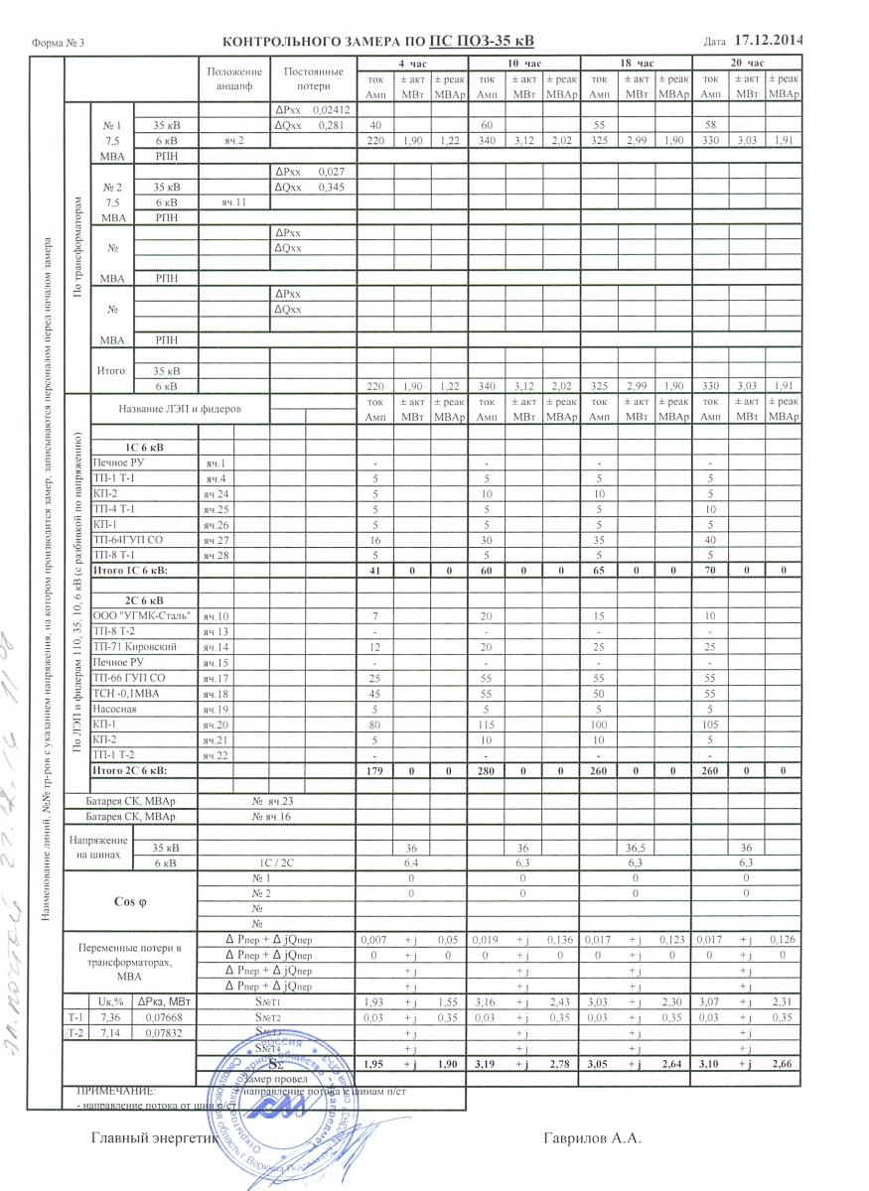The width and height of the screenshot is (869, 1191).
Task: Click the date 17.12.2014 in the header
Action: [x=769, y=41]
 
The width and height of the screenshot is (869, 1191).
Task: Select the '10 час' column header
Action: [x=522, y=63]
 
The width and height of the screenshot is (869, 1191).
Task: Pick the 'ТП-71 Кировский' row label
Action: [x=137, y=646]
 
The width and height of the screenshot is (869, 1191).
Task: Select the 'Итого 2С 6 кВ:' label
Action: [x=129, y=770]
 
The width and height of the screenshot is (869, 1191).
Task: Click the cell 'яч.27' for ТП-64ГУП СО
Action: [x=216, y=540]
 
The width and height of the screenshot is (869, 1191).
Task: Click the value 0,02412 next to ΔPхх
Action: [x=331, y=109]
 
